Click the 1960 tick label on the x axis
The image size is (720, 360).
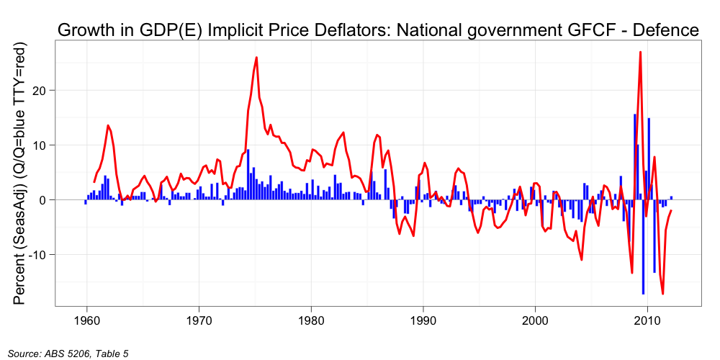click(x=86, y=320)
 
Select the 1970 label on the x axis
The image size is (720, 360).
click(x=199, y=320)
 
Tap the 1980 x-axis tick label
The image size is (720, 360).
click(x=311, y=320)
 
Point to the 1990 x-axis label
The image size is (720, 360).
click(x=423, y=320)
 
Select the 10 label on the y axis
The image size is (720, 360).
click(x=42, y=145)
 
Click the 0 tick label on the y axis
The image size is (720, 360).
click(x=45, y=200)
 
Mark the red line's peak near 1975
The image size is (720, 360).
click(x=256, y=58)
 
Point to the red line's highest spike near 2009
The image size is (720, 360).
click(x=640, y=53)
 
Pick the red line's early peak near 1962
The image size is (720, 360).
click(x=108, y=126)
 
